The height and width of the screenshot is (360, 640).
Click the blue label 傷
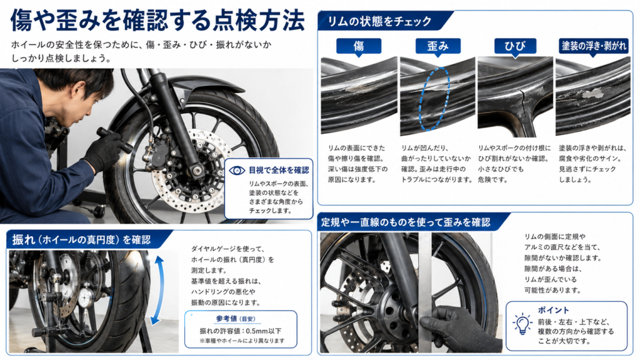pyautogui.click(x=358, y=46)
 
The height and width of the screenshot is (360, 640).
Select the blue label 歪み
pyautogui.click(x=437, y=46)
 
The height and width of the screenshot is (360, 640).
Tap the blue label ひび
pyautogui.click(x=515, y=46)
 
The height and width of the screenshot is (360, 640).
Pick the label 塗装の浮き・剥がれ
pyautogui.click(x=594, y=46)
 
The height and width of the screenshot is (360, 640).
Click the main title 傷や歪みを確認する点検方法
pyautogui.click(x=157, y=21)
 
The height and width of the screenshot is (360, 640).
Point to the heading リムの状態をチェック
pyautogui.click(x=379, y=21)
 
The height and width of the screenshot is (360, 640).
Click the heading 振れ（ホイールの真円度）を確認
pyautogui.click(x=81, y=239)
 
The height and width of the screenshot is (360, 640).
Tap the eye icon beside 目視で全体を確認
pyautogui.click(x=237, y=170)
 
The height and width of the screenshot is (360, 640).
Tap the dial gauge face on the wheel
pyautogui.click(x=86, y=298)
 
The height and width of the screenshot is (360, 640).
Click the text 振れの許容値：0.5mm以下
pyautogui.click(x=241, y=331)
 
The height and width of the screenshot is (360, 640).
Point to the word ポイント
pyautogui.click(x=553, y=310)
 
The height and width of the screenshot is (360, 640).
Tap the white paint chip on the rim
pyautogui.click(x=592, y=94)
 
